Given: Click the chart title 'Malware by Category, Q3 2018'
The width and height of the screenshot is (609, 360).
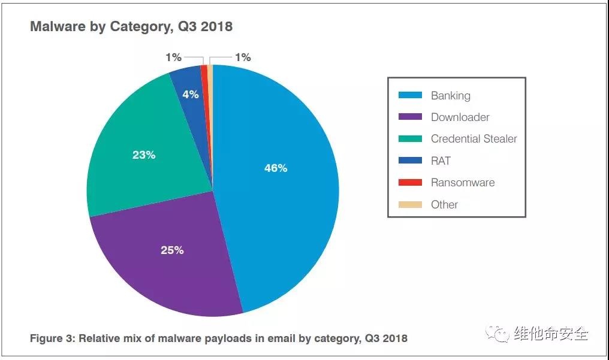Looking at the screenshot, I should tap(131, 27).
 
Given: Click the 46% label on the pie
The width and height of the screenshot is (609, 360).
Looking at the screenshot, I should tap(276, 168).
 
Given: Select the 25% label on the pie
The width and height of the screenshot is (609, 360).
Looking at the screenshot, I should tap(172, 250).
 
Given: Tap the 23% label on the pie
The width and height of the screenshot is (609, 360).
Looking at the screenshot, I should tap(144, 155).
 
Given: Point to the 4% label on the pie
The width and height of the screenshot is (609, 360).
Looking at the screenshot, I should tap(191, 95).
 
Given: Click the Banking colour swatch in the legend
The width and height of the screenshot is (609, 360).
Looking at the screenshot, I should tap(410, 95).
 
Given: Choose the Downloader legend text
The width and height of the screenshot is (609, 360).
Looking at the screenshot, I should tap(460, 117).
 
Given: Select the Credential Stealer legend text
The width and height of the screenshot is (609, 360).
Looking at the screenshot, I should tap(474, 139).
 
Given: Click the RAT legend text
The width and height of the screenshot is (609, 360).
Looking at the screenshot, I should tap(441, 161).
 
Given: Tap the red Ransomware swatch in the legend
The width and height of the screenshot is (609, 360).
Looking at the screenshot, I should tap(410, 183).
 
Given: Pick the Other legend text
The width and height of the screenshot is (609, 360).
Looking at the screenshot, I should tap(444, 204).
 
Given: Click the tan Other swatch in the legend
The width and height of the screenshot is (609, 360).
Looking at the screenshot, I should tap(410, 204).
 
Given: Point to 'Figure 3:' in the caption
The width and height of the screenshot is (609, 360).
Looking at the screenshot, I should tap(52, 338).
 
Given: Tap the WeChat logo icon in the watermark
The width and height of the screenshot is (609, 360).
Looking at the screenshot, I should tap(498, 334).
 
